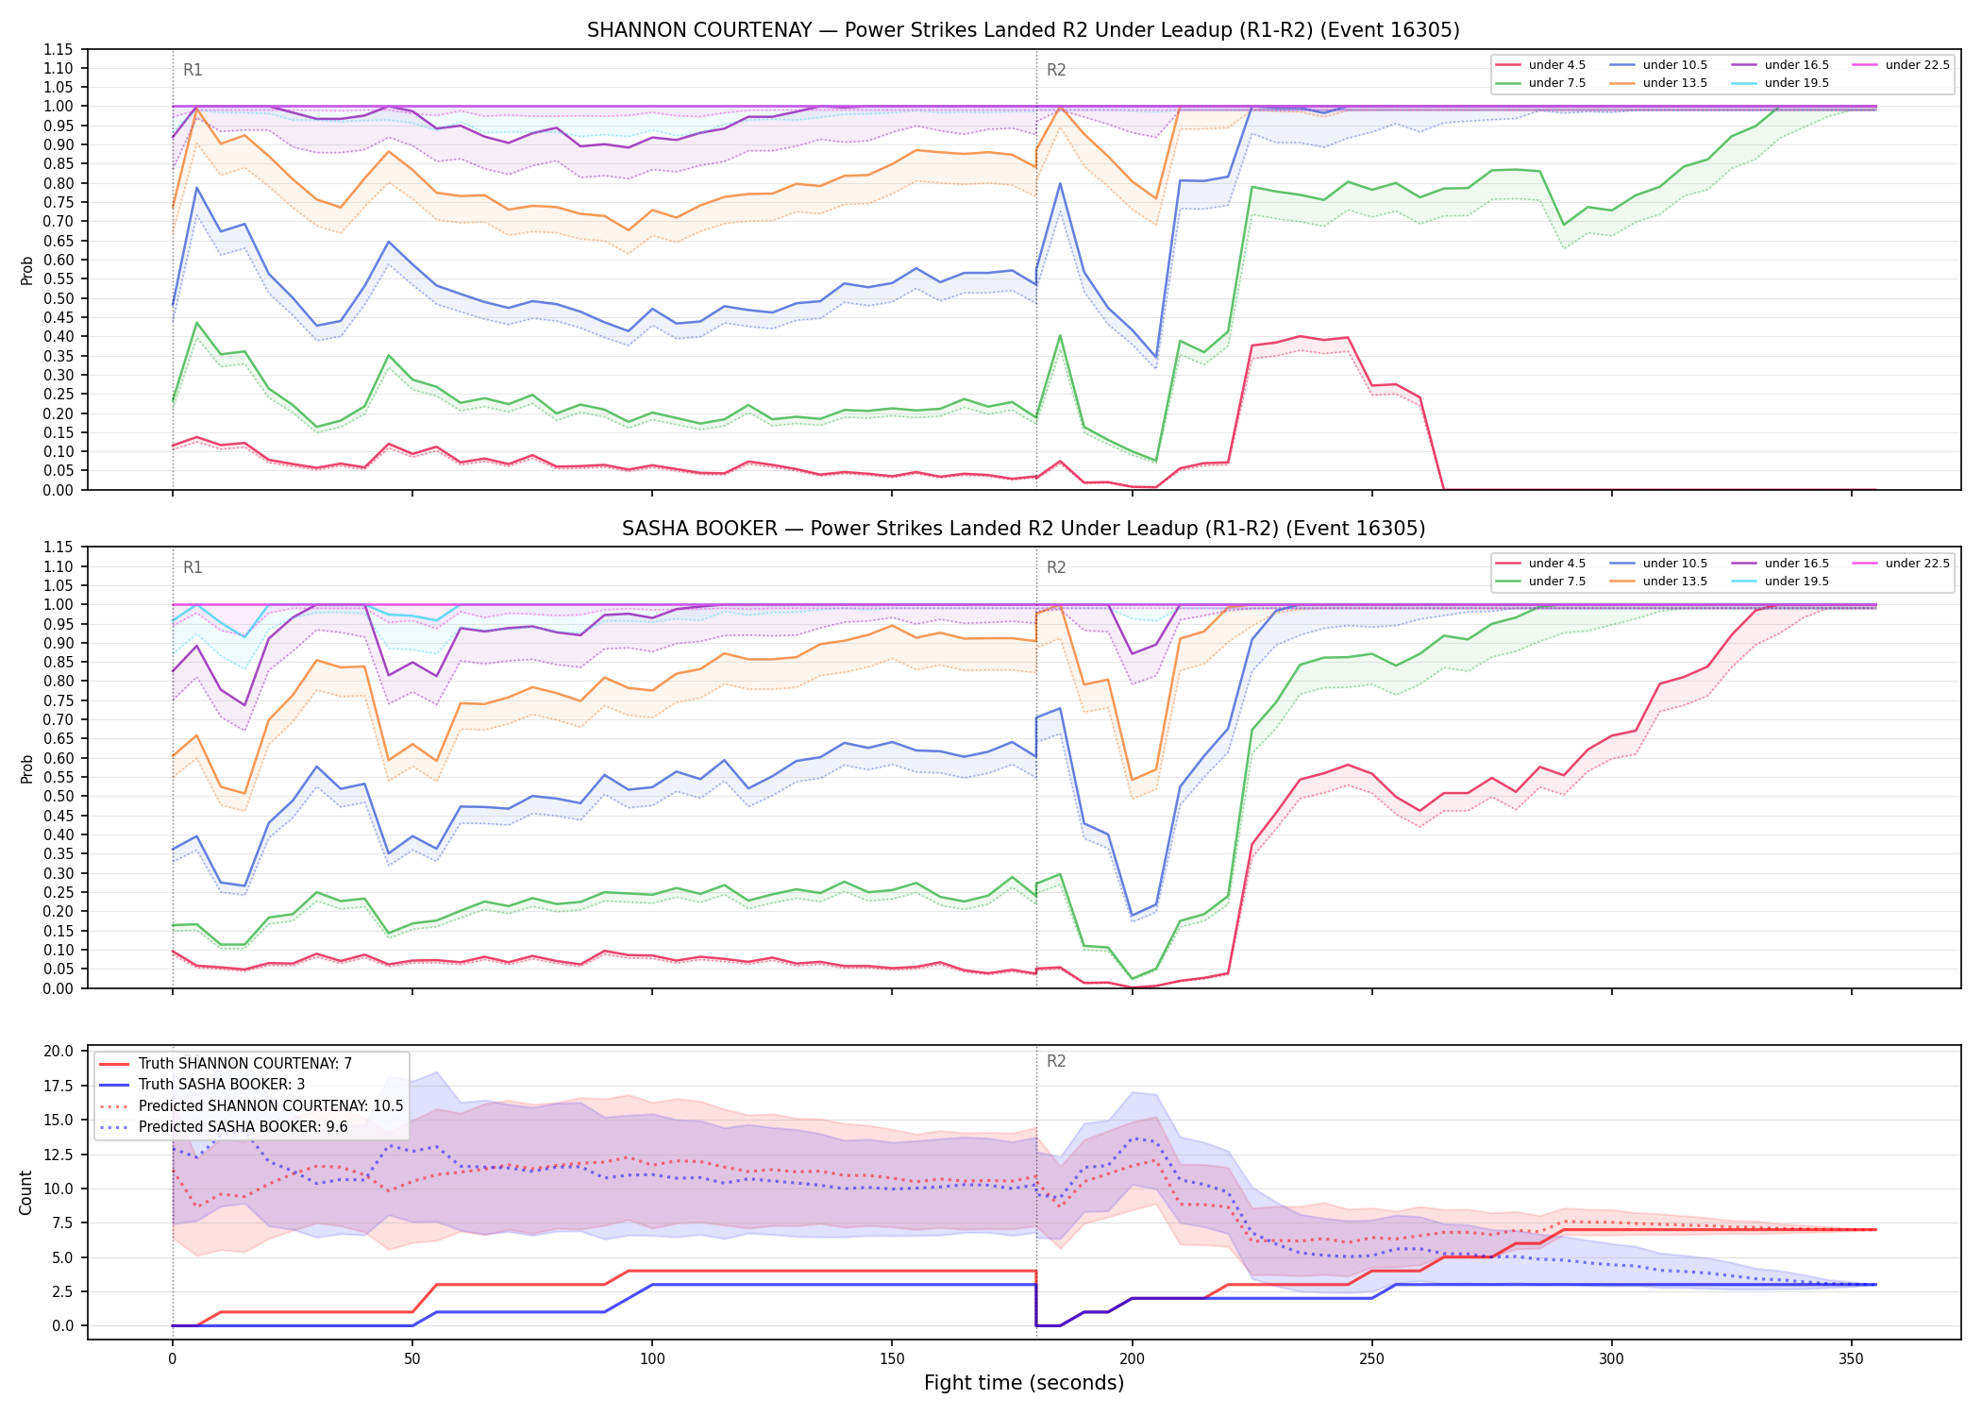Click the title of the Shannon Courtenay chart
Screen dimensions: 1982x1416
tap(1023, 30)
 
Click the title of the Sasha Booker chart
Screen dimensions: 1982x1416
tap(1023, 529)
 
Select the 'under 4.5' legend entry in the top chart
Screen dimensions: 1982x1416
tap(1541, 65)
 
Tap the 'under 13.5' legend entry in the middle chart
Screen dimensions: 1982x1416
tap(1658, 582)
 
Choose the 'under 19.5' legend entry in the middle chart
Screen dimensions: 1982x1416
tap(1780, 582)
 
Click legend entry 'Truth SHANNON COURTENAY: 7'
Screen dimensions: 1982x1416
tap(226, 1064)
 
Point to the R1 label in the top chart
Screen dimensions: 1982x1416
tap(193, 70)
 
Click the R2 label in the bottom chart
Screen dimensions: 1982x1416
tap(1056, 1061)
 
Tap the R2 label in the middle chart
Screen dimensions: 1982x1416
tap(1056, 567)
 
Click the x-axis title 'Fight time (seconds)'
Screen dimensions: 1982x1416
tap(1024, 1383)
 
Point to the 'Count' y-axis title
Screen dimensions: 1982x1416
tap(25, 1192)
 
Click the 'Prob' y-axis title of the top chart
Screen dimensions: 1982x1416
tap(26, 270)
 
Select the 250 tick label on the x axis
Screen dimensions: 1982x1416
tap(1371, 1359)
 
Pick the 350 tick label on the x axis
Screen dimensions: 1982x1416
tap(1852, 1359)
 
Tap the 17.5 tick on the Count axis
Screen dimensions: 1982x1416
tap(60, 1086)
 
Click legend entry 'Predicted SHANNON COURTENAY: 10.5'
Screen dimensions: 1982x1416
tap(251, 1106)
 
